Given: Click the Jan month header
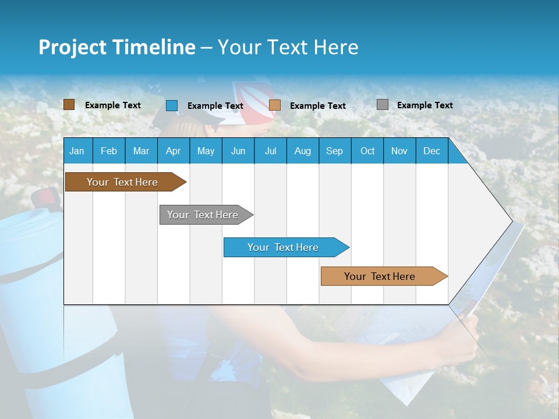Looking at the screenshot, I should pos(77,151).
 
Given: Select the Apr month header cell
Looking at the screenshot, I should pos(173,151).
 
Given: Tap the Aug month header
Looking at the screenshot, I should pos(302,151).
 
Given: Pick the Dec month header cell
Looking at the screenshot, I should pos(431,151).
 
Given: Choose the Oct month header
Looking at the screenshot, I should pos(367,151).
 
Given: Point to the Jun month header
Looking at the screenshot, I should pos(238,151).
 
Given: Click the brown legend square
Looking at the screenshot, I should pos(69,105).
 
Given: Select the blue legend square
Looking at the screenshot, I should pos(172,105).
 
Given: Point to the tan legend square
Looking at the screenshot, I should pos(275,105).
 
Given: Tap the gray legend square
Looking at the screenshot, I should pos(383,105).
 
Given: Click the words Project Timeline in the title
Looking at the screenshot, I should pos(116,47).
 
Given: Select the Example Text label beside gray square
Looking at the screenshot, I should pos(424,105).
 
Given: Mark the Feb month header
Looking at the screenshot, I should pos(109,151).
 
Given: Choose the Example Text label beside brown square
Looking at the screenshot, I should pos(113,105).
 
